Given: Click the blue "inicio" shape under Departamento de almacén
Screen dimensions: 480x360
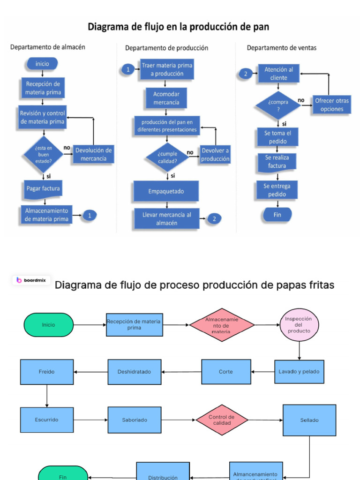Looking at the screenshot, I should click(42, 64).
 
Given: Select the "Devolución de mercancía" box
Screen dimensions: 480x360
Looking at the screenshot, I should click(93, 154).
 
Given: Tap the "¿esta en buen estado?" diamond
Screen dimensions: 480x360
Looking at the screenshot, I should click(43, 154).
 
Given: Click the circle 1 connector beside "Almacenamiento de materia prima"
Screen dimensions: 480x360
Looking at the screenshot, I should click(90, 215).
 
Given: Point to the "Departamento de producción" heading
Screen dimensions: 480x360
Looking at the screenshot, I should click(166, 48).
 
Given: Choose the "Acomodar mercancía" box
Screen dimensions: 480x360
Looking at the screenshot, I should click(166, 98).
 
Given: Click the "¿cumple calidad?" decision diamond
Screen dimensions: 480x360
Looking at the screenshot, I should click(167, 157).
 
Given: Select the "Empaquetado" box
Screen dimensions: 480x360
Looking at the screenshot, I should click(166, 191).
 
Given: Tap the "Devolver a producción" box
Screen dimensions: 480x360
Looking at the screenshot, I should click(215, 155).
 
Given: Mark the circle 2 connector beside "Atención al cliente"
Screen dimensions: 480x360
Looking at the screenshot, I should click(245, 74).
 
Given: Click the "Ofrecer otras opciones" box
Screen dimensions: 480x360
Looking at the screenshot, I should click(332, 105).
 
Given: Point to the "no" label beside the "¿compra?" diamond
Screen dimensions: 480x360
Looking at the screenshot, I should click(301, 100).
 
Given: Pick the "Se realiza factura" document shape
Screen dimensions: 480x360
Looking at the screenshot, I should click(277, 162).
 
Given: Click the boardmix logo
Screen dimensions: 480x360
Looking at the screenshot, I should click(31, 280).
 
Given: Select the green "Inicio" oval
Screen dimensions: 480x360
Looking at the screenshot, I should click(48, 325).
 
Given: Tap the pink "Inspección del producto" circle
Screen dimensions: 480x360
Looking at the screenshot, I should click(299, 324).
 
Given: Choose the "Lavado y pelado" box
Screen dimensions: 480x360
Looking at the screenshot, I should click(299, 372).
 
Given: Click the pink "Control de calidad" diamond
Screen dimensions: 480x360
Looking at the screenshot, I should click(221, 420).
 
